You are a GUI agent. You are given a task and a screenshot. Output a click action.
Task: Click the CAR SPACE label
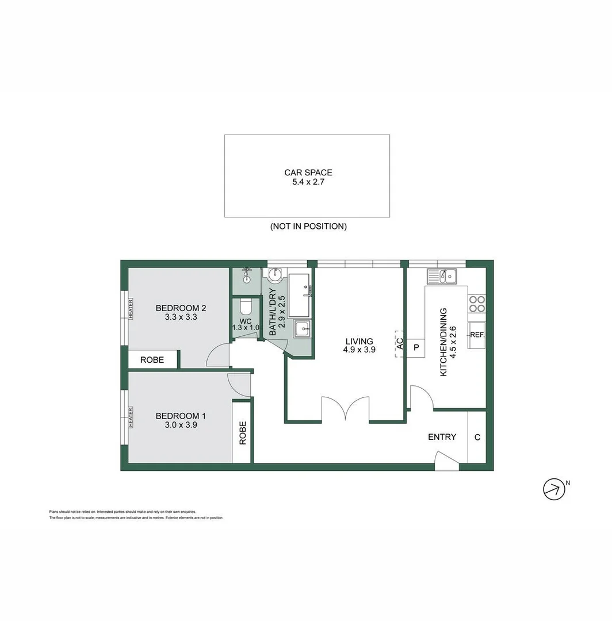click(x=308, y=172)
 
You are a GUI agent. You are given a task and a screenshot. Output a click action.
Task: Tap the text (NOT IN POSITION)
click(x=308, y=227)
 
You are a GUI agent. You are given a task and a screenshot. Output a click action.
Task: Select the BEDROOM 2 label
click(x=181, y=308)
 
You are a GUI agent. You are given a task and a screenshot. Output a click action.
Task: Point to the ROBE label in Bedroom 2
click(x=152, y=360)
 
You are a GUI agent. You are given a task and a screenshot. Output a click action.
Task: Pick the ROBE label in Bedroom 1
click(x=242, y=432)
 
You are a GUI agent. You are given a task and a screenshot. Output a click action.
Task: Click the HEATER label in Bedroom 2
click(x=131, y=309)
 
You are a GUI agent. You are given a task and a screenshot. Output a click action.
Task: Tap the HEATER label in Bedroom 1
click(x=131, y=417)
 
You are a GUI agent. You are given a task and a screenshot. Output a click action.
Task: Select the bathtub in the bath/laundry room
click(x=300, y=295)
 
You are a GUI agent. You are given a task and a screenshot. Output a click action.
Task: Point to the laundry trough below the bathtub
click(x=302, y=330)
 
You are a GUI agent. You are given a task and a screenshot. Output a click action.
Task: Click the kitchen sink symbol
click(x=442, y=277)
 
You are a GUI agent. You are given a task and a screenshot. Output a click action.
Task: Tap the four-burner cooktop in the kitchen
click(x=476, y=304)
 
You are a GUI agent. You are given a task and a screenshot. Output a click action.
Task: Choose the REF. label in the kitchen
click(x=476, y=335)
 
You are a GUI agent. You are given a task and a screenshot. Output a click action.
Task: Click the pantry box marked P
click(x=416, y=347)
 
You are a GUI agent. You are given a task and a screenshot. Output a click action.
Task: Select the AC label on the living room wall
click(x=399, y=344)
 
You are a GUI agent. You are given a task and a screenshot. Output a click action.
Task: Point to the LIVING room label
click(x=359, y=341)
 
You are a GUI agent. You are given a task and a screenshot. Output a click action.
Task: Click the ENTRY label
click(x=442, y=437)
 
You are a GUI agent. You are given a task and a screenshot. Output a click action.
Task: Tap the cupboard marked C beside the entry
click(x=477, y=437)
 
